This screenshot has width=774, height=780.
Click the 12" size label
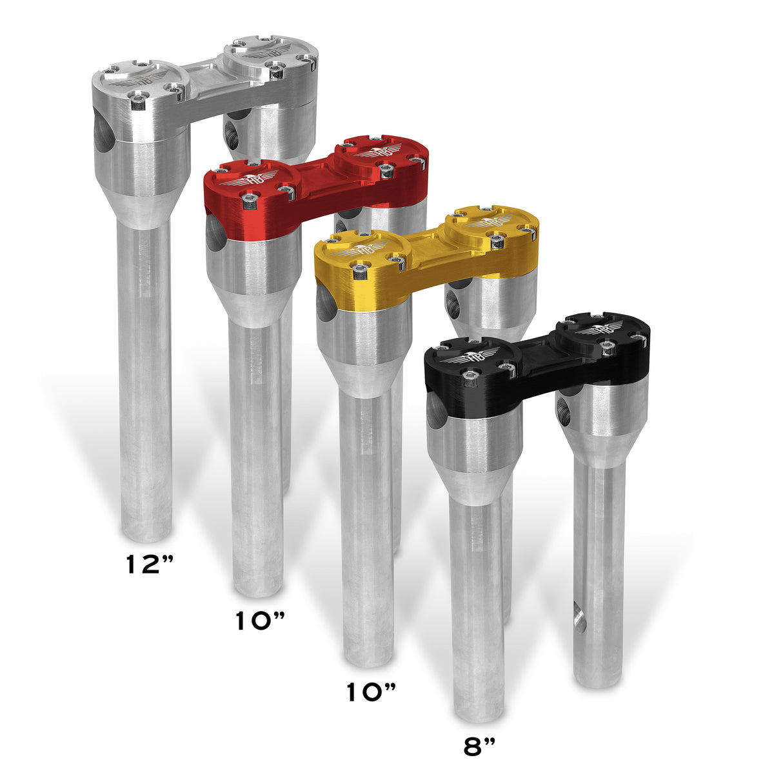(150, 564)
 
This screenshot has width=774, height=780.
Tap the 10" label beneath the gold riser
(371, 692)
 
